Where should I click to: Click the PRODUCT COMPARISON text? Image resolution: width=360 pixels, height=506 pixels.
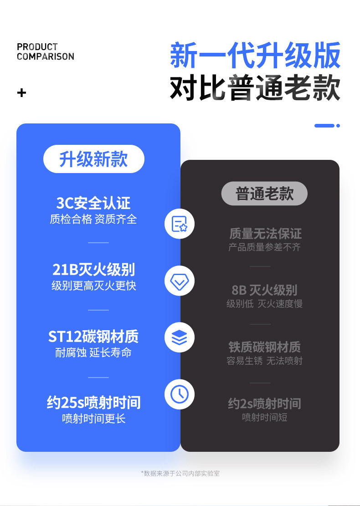pyautogui.click(x=45, y=51)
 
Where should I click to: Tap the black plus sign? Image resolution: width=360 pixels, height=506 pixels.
pyautogui.click(x=21, y=93)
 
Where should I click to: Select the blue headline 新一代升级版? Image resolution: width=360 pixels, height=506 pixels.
pyautogui.click(x=255, y=56)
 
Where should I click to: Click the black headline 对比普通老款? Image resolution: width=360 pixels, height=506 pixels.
pyautogui.click(x=255, y=88)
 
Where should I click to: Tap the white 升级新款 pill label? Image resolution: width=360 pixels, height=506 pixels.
pyautogui.click(x=93, y=159)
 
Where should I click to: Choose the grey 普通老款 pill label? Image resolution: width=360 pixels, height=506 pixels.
pyautogui.click(x=264, y=194)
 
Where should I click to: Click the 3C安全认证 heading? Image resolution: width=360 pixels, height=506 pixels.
pyautogui.click(x=93, y=203)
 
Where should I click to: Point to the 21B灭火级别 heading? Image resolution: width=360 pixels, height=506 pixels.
pyautogui.click(x=93, y=270)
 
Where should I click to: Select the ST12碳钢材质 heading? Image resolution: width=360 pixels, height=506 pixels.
pyautogui.click(x=93, y=337)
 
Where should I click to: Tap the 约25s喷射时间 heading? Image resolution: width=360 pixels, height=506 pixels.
pyautogui.click(x=93, y=402)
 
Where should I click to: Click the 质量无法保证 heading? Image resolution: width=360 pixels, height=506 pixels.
pyautogui.click(x=265, y=234)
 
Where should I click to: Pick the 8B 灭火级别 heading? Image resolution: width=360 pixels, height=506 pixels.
pyautogui.click(x=264, y=290)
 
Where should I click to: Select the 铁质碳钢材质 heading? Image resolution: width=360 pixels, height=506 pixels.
pyautogui.click(x=264, y=347)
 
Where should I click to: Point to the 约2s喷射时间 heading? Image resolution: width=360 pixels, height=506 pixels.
pyautogui.click(x=264, y=404)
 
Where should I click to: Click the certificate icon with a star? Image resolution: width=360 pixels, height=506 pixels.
pyautogui.click(x=180, y=224)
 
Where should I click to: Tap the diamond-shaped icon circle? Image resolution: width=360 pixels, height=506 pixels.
pyautogui.click(x=180, y=281)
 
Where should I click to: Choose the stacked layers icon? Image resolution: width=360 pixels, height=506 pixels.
pyautogui.click(x=180, y=337)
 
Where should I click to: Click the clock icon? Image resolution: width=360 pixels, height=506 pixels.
pyautogui.click(x=180, y=394)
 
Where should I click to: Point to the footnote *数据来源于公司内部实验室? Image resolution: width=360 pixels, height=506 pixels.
pyautogui.click(x=180, y=473)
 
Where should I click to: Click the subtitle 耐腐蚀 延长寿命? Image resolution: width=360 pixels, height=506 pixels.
pyautogui.click(x=93, y=353)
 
